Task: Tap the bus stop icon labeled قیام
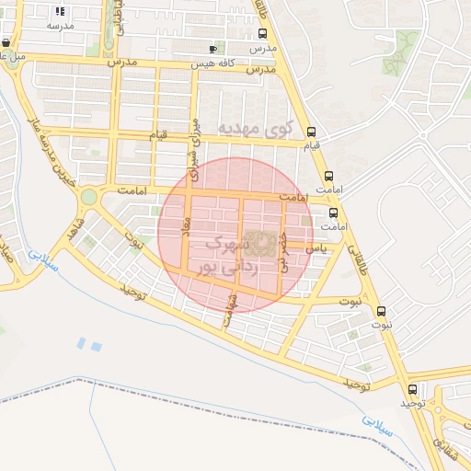(x=311, y=131)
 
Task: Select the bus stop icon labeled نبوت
(x=382, y=311)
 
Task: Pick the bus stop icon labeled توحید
(x=412, y=389)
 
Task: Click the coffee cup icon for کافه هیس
(x=213, y=49)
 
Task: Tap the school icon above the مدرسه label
(x=61, y=12)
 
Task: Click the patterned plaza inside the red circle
(x=264, y=243)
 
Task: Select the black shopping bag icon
(x=6, y=42)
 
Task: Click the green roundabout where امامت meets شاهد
(x=88, y=196)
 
